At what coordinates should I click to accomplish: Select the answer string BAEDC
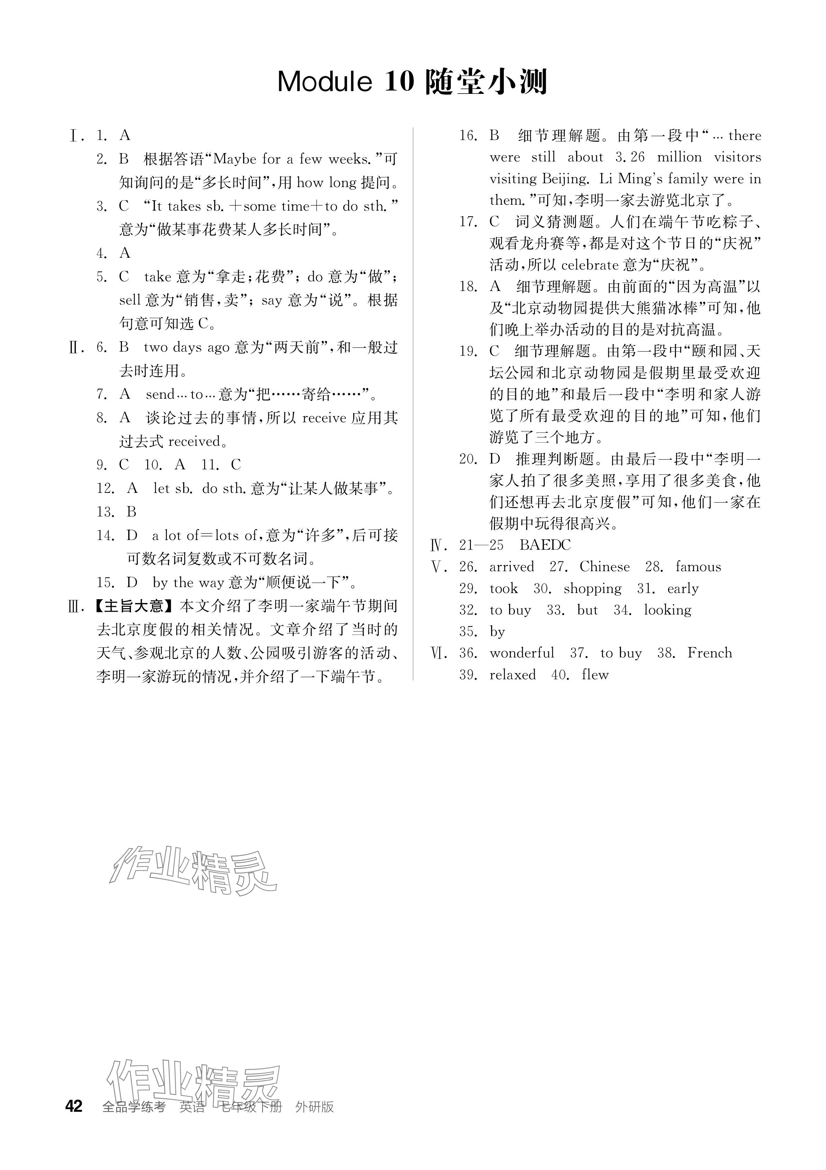[x=545, y=545]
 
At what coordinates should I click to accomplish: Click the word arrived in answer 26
[x=512, y=567]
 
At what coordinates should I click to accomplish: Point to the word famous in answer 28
[x=698, y=567]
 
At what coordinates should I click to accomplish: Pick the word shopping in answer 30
[x=592, y=588]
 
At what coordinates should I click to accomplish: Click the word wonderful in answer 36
[x=521, y=653]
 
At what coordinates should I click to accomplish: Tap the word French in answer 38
[x=709, y=653]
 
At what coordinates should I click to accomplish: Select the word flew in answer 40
[x=595, y=675]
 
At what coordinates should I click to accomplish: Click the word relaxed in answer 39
[x=512, y=675]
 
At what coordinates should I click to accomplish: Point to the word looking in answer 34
[x=667, y=610]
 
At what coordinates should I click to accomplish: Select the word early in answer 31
[x=683, y=588]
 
